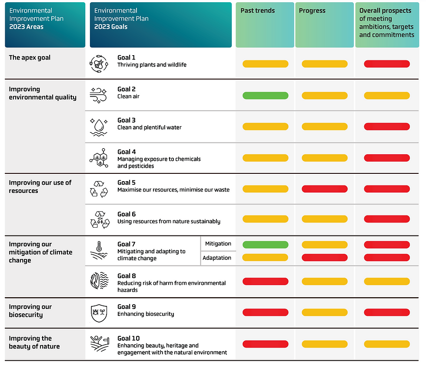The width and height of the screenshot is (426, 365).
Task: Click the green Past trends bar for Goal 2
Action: pyautogui.click(x=265, y=96)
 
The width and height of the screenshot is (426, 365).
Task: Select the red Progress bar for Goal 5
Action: pyautogui.click(x=324, y=189)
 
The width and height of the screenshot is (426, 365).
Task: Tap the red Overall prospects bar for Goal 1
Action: pyautogui.click(x=386, y=64)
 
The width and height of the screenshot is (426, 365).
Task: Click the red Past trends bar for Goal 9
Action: pyautogui.click(x=265, y=312)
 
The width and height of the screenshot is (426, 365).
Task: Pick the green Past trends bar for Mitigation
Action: pyautogui.click(x=265, y=245)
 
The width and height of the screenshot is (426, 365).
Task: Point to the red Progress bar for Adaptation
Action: pyautogui.click(x=324, y=257)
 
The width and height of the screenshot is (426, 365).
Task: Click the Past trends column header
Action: pyautogui.click(x=265, y=25)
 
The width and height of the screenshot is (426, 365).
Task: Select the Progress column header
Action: pyautogui.click(x=324, y=25)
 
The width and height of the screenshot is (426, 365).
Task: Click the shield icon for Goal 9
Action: pyautogui.click(x=99, y=313)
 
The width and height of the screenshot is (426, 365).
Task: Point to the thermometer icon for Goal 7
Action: pyautogui.click(x=99, y=251)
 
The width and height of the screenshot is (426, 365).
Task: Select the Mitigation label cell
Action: pyautogui.click(x=218, y=244)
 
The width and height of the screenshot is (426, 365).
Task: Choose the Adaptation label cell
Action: pyautogui.click(x=217, y=258)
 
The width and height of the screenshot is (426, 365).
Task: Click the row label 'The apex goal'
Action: pyautogui.click(x=30, y=58)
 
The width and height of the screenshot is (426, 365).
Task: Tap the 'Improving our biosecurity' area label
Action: pyautogui.click(x=30, y=311)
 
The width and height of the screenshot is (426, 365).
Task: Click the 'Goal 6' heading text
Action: pyautogui.click(x=126, y=214)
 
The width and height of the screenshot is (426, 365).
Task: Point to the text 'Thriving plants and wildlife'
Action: pyautogui.click(x=152, y=65)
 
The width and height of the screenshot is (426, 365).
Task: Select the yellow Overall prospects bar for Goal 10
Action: pyautogui.click(x=386, y=344)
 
